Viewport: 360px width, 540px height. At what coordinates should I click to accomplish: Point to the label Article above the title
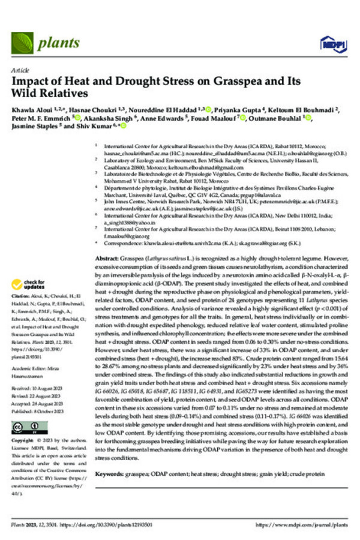pos(20,71)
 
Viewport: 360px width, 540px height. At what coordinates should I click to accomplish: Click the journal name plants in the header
pos(59,43)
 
